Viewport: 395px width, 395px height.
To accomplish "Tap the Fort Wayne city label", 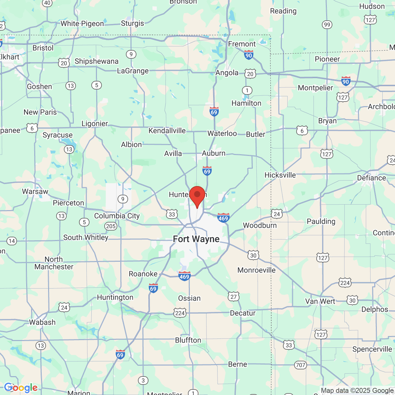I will pos(196,239).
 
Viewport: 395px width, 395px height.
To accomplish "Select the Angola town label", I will pos(227,73).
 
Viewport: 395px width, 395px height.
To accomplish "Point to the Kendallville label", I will pos(167,131).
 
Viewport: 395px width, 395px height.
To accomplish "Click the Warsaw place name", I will pos(35,192).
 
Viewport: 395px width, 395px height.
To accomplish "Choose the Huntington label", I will pos(115,297).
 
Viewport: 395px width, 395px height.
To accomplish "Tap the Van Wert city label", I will pos(320,301).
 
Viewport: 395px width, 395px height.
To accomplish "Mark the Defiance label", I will pos(371,178).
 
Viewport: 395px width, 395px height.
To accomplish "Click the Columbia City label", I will pos(117,216).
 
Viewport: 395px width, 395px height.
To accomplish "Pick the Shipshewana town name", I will pos(97,61).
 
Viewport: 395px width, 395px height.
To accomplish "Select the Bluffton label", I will pos(188,340).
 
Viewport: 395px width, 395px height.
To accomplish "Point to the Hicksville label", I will pos(280,175).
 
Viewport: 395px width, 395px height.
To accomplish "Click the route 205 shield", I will pos(111,226).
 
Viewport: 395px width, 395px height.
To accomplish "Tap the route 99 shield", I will pos(327,25).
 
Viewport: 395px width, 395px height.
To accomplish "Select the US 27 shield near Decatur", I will pos(234,297).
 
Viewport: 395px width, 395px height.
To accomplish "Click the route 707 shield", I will pos(300,365).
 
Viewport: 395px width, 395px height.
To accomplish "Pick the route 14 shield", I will pos(12,241).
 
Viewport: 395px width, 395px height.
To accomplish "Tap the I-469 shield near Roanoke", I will pos(184,276).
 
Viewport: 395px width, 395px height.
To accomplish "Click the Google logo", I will pos(21,388).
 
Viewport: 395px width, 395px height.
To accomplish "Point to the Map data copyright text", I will pos(357,391).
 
